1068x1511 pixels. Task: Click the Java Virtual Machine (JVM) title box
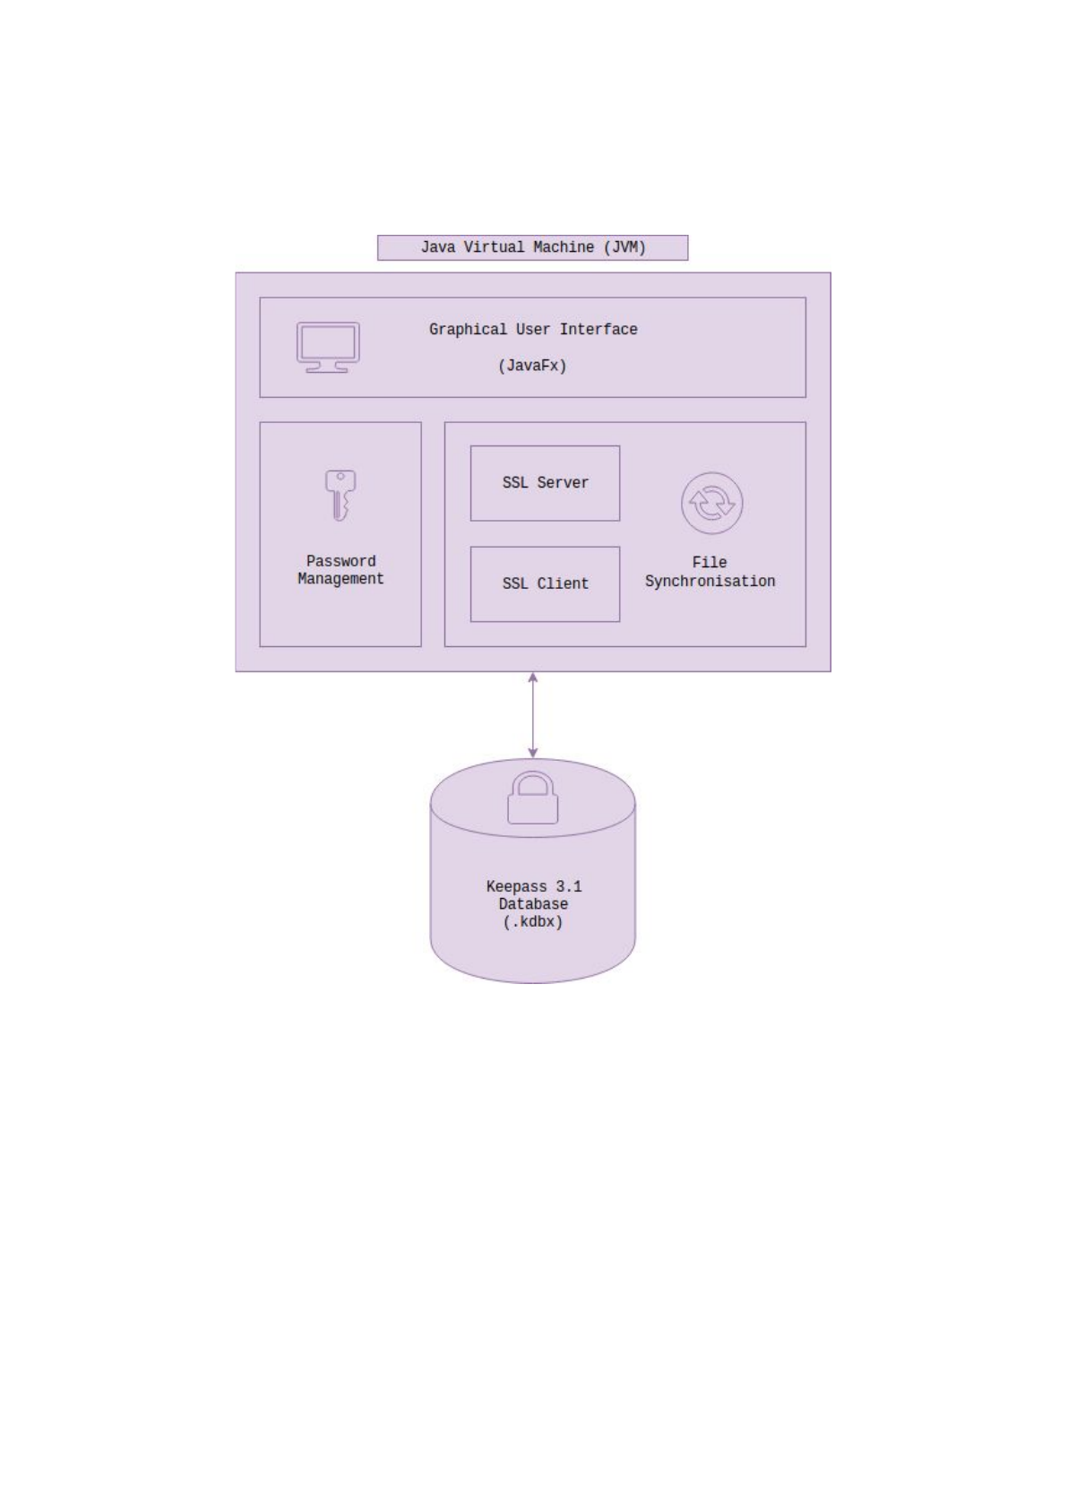(532, 247)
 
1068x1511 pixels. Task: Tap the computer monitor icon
(328, 347)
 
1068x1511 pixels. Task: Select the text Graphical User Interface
(532, 330)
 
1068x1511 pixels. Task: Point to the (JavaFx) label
(532, 366)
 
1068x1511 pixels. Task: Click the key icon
(340, 495)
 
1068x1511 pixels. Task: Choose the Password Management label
(340, 570)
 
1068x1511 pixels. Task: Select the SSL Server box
(545, 483)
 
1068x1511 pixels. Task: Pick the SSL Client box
(545, 584)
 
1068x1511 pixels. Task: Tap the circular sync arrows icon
(711, 504)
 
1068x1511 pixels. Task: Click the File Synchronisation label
(710, 572)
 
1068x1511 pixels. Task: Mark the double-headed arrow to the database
(533, 715)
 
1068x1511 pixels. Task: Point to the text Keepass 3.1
(534, 886)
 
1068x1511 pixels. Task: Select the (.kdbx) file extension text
(533, 922)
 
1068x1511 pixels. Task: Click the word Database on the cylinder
(533, 904)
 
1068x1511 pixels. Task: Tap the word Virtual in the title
(494, 247)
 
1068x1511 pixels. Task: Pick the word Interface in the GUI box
(599, 330)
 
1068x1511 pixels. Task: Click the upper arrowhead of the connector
(533, 678)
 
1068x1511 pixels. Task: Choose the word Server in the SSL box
(563, 483)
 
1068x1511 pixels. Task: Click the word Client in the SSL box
(563, 584)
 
